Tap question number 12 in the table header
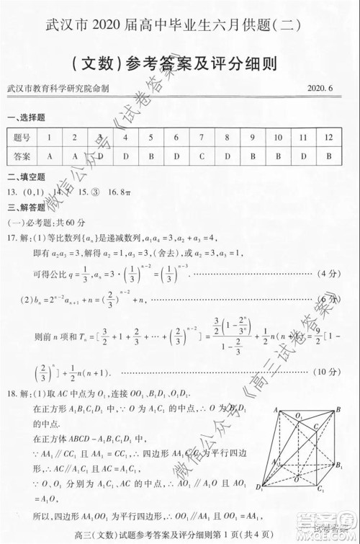click(x=328, y=137)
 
